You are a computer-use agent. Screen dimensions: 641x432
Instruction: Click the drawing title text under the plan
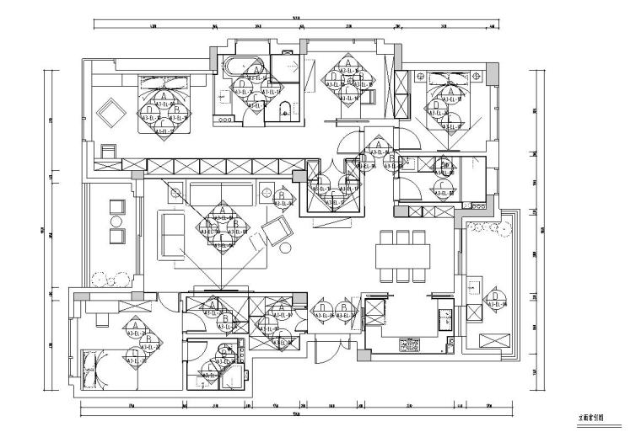pyautogui.click(x=590, y=416)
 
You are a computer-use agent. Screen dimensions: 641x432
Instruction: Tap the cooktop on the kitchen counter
pyautogui.click(x=410, y=344)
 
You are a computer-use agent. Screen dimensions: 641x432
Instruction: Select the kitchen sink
pyautogui.click(x=444, y=317)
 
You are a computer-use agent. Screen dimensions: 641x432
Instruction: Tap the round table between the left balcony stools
pyautogui.click(x=116, y=221)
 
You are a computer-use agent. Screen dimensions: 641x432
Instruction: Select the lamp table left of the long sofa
pyautogui.click(x=175, y=193)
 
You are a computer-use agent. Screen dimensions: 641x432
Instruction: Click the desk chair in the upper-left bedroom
pyautogui.click(x=108, y=151)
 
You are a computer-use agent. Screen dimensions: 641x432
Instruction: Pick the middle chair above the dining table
pyautogui.click(x=402, y=237)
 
